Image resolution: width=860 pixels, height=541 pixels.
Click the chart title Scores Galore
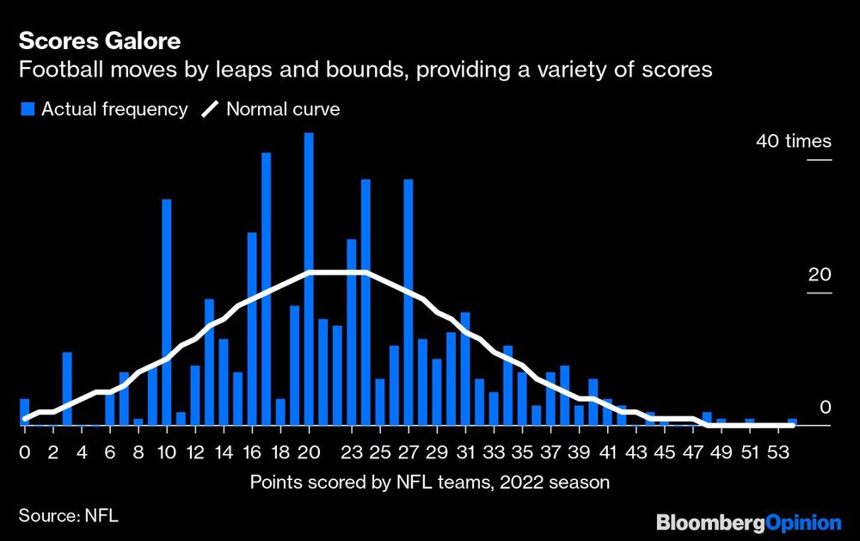click(x=100, y=40)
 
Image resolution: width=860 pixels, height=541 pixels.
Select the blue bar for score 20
click(x=309, y=279)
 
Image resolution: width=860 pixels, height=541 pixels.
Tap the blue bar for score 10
click(x=167, y=312)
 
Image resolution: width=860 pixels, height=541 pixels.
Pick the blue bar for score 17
click(x=267, y=289)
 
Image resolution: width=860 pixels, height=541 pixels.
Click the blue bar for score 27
click(x=408, y=302)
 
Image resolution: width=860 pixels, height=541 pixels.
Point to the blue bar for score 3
click(x=67, y=389)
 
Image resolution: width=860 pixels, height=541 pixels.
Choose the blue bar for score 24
click(x=365, y=302)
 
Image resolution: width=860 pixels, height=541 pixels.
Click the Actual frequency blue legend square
click(x=28, y=109)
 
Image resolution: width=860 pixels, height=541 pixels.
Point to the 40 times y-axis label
click(x=793, y=141)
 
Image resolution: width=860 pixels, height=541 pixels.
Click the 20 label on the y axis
click(x=821, y=275)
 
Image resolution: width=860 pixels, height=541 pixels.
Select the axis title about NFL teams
click(x=430, y=482)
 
